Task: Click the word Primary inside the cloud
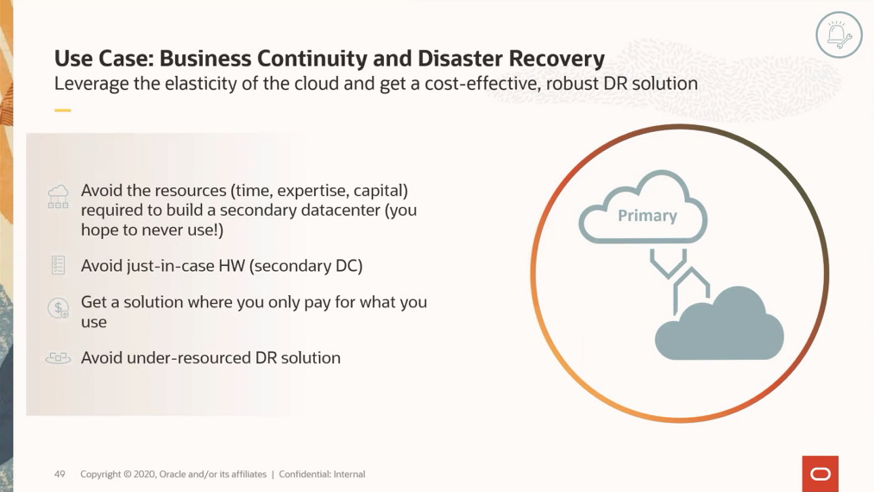click(x=647, y=216)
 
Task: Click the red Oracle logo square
click(x=820, y=474)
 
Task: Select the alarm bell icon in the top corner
click(x=838, y=35)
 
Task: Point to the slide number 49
click(x=60, y=474)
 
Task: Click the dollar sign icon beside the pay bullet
click(x=58, y=308)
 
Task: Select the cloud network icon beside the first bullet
click(x=58, y=196)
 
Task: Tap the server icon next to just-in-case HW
click(x=58, y=265)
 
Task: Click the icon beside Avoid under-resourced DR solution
click(x=58, y=357)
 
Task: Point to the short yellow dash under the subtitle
click(x=62, y=110)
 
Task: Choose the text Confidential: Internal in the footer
click(x=322, y=474)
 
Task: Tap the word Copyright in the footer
click(x=100, y=474)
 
